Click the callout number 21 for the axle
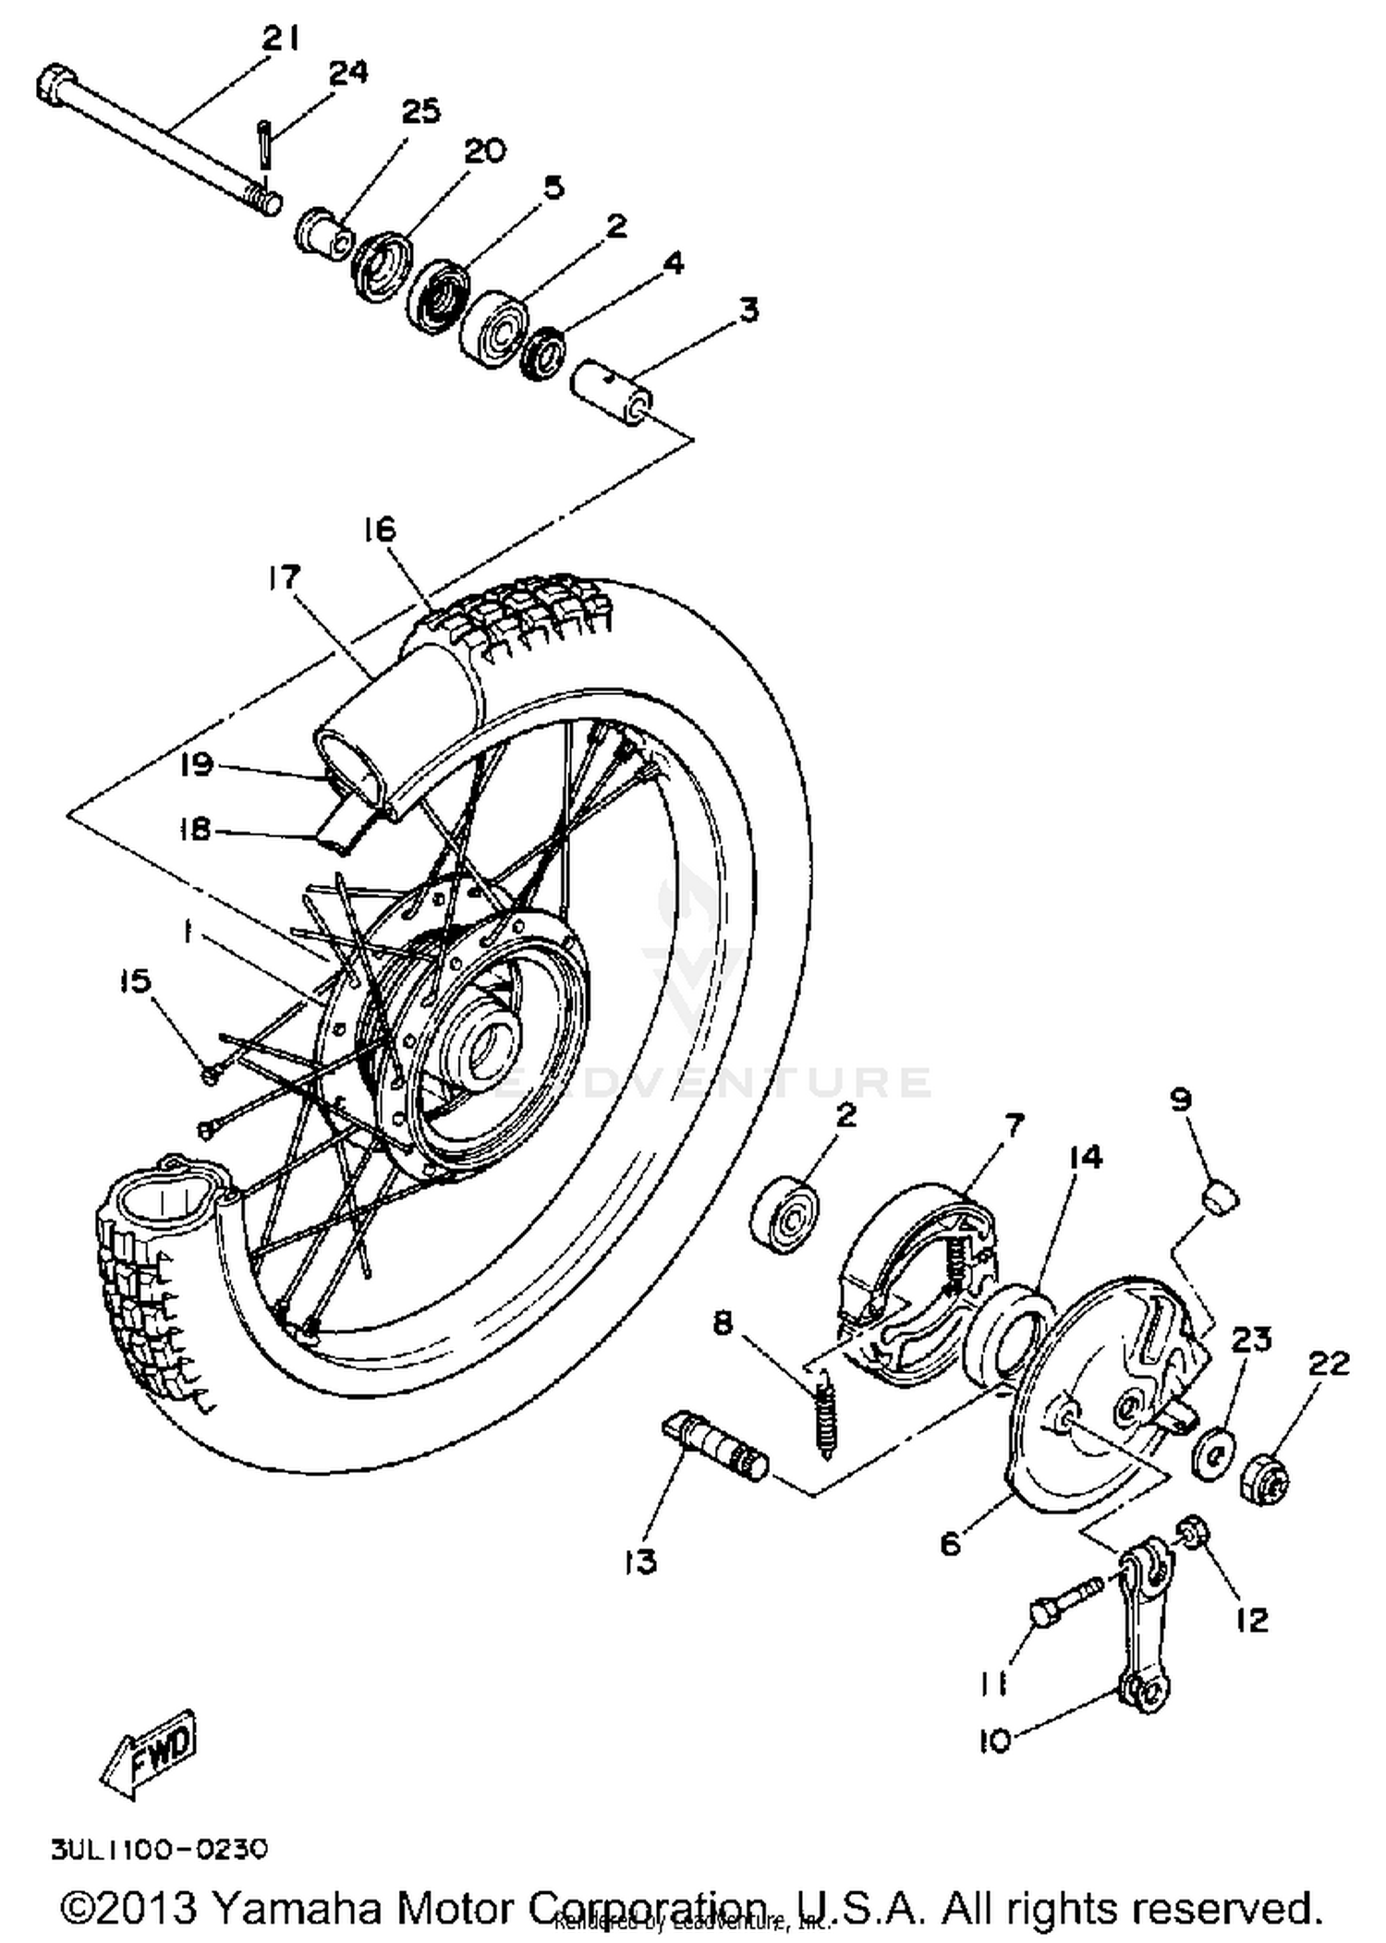click(280, 39)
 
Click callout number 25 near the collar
click(420, 112)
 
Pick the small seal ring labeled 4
click(543, 352)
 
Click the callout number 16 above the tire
click(379, 529)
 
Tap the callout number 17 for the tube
click(284, 577)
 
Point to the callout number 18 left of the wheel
click(195, 829)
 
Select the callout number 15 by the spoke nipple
click(135, 981)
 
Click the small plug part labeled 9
click(1219, 1198)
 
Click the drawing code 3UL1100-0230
click(159, 1849)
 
